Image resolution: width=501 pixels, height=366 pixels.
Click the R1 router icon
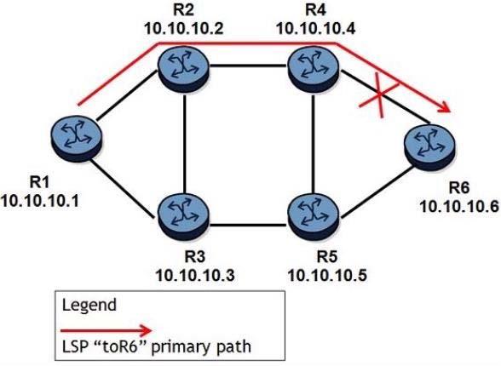(x=77, y=140)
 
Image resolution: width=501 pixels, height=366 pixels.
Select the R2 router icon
(x=183, y=69)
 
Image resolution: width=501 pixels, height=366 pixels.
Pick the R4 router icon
(x=314, y=69)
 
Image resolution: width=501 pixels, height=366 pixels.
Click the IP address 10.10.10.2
(x=183, y=29)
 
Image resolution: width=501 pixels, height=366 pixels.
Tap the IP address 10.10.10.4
(x=315, y=29)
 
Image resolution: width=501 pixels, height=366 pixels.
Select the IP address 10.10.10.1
(x=39, y=202)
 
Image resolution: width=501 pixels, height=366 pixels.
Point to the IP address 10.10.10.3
(x=195, y=275)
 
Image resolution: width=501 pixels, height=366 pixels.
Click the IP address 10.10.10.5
(x=327, y=275)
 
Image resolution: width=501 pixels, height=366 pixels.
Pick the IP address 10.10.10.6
(x=459, y=207)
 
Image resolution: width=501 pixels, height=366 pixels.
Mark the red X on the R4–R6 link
(x=380, y=94)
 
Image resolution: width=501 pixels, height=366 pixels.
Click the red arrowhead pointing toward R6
(x=444, y=106)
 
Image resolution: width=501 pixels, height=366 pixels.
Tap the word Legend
(x=89, y=305)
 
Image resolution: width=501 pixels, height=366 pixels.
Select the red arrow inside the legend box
(x=107, y=330)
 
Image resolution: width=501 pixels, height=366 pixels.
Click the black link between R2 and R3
(x=185, y=143)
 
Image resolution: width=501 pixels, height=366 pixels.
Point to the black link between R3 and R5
(x=248, y=226)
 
